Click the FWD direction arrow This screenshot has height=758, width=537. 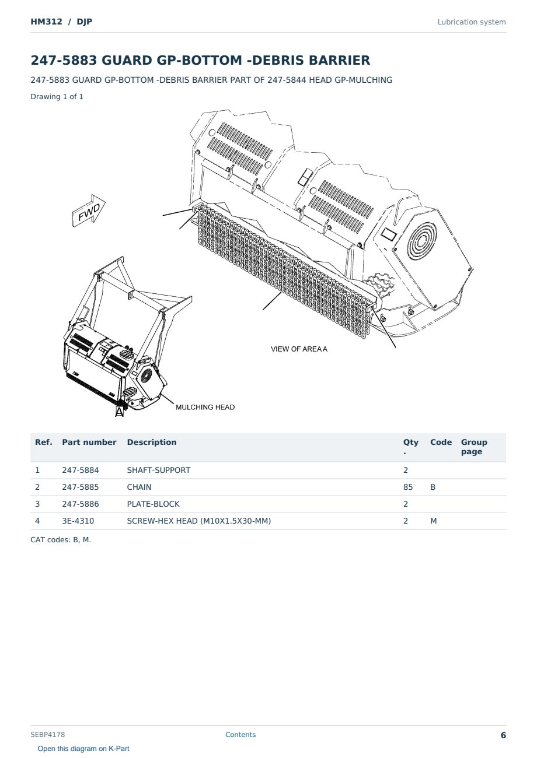coord(89,210)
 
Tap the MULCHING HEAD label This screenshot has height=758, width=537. coord(205,407)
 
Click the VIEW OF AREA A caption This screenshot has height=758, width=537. coord(299,349)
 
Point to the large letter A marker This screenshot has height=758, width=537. coord(119,412)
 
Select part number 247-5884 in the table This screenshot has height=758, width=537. coord(81,470)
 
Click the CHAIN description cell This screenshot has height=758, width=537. coord(139,487)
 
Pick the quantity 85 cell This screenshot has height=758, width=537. coord(408,487)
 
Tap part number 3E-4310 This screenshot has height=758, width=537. coord(78,521)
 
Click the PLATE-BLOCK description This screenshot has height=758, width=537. coord(153,504)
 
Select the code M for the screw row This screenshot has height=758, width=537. coord(433,521)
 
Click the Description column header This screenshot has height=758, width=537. coord(151,442)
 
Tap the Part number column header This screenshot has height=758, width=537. coord(89,442)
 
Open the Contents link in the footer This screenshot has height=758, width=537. coord(240,734)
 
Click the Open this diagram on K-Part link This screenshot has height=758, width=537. coord(83,749)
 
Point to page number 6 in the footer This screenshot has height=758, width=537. coord(503,735)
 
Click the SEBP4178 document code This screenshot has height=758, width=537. coord(47,735)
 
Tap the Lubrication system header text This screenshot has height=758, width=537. coord(471,22)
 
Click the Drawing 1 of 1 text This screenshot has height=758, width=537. coord(57,96)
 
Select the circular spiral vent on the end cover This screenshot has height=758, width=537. coord(422,241)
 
